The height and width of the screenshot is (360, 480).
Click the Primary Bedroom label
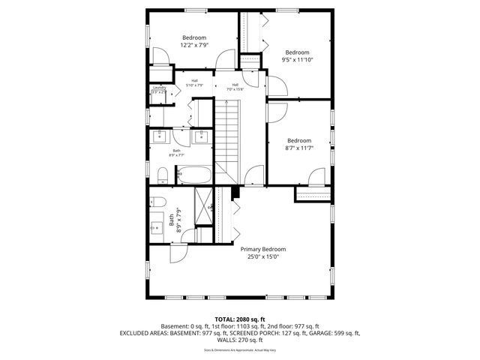pos(262,249)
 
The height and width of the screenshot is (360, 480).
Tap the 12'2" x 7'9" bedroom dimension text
pos(193,45)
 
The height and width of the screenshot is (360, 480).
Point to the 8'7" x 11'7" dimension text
pos(299,148)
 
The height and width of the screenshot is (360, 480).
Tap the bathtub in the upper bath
pos(197,175)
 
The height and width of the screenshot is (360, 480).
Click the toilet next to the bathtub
pos(162,175)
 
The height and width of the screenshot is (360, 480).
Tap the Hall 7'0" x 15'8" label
pos(235,87)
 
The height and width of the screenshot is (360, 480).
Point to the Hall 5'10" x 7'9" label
pos(194,83)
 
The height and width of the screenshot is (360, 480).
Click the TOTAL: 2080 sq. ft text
pos(240,319)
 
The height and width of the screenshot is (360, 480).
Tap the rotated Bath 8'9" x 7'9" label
pos(174,221)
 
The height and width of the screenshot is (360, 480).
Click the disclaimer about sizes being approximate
pos(240,349)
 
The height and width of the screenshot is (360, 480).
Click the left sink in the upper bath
pos(160,136)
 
